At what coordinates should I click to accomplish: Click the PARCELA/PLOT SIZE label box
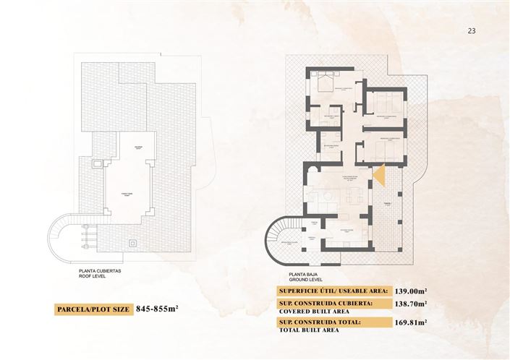click(93, 309)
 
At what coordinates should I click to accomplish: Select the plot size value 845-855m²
click(156, 309)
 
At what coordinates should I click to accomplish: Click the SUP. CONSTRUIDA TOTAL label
click(319, 323)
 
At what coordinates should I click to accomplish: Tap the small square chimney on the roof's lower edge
click(132, 244)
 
